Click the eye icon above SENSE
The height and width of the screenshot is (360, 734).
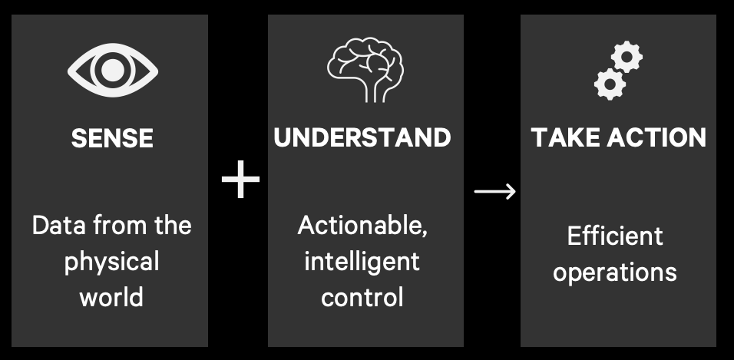point(112,70)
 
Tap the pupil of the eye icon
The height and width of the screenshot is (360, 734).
point(112,70)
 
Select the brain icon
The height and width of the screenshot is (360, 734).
point(365,69)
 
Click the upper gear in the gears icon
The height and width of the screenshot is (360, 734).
point(627,57)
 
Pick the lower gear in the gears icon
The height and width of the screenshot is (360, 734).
point(610,84)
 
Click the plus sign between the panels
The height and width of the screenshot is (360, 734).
point(240,179)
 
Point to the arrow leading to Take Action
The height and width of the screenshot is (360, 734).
point(494,191)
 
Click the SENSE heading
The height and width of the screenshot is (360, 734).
point(112,139)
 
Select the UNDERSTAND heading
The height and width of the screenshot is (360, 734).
point(362,137)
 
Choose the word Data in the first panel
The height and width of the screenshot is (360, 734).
point(59,226)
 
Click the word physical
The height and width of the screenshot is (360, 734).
point(111,263)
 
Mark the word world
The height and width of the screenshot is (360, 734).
point(111,297)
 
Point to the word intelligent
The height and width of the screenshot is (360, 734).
point(362,262)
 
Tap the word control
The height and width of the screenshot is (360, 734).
point(362,297)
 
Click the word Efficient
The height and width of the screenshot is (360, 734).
point(615,236)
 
